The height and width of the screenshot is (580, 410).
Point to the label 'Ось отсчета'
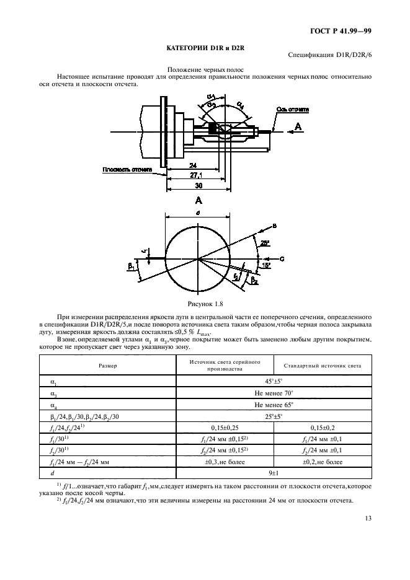tap(287, 110)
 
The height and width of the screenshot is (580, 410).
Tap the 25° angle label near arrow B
tap(264, 242)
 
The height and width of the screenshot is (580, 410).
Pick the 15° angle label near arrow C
tap(265, 265)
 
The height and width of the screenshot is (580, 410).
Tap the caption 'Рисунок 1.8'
tap(205, 304)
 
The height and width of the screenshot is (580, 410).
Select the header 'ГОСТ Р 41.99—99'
tap(341, 30)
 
